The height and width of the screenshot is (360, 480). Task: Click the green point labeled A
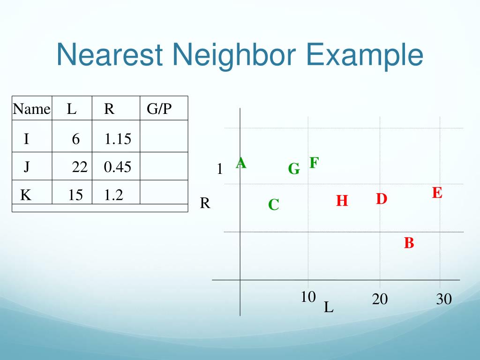[241, 163]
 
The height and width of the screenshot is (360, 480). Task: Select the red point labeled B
[409, 243]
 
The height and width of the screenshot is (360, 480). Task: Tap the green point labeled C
[274, 205]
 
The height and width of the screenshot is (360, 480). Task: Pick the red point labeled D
[382, 199]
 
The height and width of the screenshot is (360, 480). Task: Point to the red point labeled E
[437, 193]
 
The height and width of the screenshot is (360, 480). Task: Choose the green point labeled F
[314, 163]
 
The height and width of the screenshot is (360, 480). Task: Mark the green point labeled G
[294, 169]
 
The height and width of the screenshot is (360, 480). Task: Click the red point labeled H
[342, 201]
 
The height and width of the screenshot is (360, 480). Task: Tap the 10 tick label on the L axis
[308, 297]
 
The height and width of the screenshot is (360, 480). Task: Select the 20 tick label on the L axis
[380, 299]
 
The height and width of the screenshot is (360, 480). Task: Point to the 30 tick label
[443, 299]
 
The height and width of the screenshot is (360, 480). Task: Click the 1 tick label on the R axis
[219, 169]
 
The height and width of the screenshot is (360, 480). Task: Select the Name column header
[31, 109]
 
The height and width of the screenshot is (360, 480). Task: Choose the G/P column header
[159, 109]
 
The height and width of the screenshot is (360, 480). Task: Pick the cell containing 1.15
[118, 139]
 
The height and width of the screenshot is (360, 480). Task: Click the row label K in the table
[26, 195]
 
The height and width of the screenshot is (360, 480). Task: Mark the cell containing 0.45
[118, 167]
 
